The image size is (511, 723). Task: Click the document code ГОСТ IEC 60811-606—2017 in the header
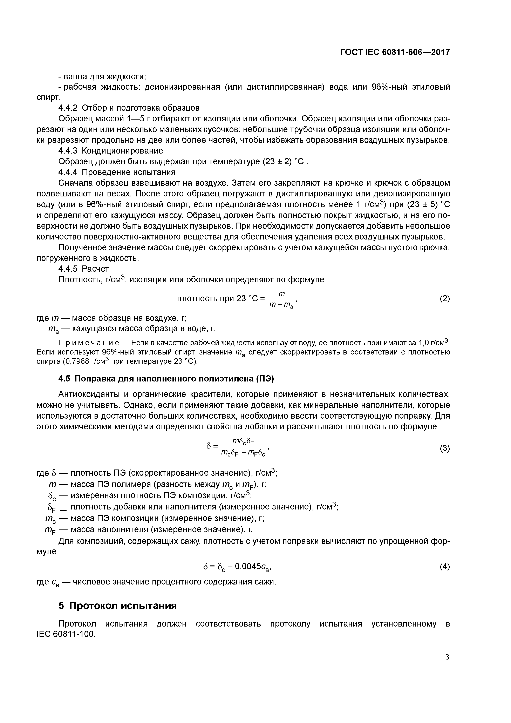pyautogui.click(x=395, y=52)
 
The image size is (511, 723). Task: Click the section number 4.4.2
pyautogui.click(x=68, y=108)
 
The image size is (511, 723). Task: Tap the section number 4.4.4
pyautogui.click(x=68, y=172)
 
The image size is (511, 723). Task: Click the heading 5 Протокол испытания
pyautogui.click(x=117, y=605)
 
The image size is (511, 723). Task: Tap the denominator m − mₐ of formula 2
pyautogui.click(x=281, y=305)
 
